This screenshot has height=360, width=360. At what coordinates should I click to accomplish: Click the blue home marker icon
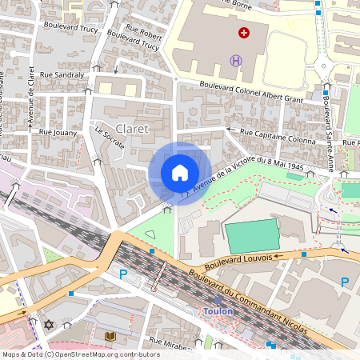(180, 173)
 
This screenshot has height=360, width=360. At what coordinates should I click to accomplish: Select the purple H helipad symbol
(236, 60)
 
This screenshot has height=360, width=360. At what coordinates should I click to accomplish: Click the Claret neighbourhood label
(131, 128)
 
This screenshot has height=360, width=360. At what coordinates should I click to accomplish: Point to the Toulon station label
(218, 311)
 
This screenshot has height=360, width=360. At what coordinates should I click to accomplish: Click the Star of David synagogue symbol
(48, 325)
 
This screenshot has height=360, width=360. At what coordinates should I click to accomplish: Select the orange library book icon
(110, 336)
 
